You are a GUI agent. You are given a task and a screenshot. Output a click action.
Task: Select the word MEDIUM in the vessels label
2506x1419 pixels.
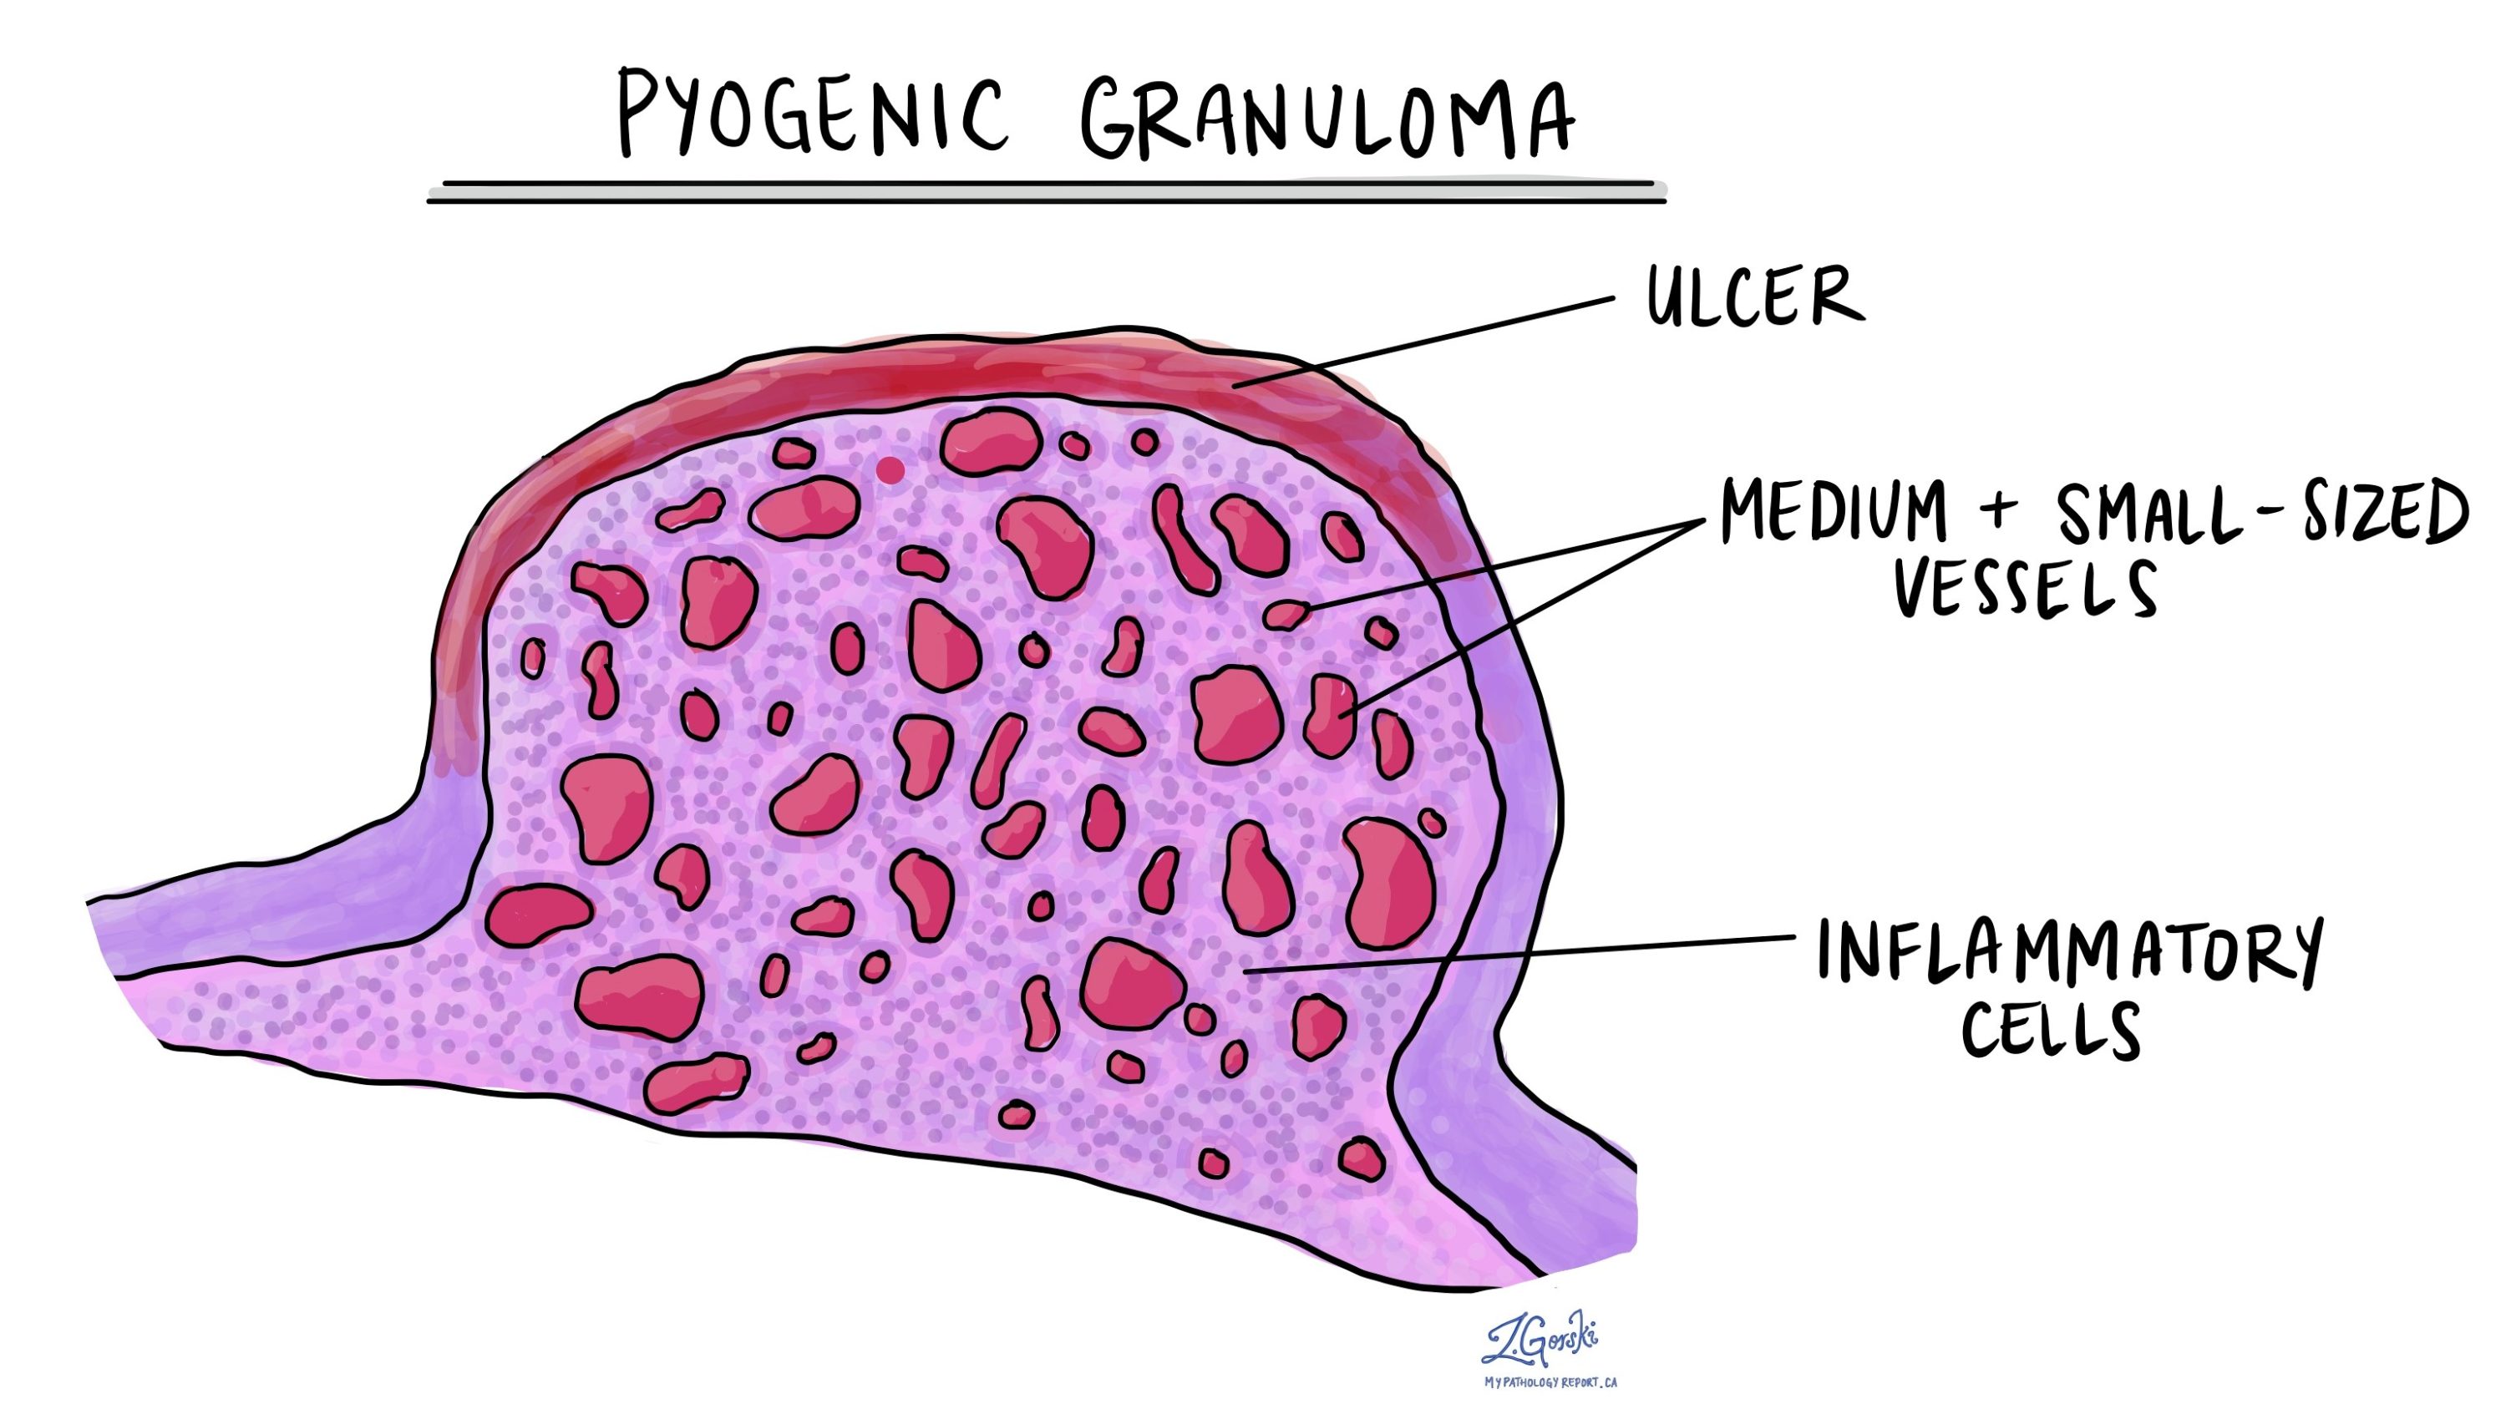[x=1833, y=514]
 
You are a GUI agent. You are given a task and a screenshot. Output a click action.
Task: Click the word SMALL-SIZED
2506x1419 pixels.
[x=2261, y=514]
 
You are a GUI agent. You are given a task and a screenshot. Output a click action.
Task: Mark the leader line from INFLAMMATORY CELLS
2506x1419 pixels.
[x=1520, y=955]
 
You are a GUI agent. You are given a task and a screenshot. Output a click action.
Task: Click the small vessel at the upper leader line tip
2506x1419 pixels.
[x=1285, y=614]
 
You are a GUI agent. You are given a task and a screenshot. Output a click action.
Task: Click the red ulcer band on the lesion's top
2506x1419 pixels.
[x=975, y=375]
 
